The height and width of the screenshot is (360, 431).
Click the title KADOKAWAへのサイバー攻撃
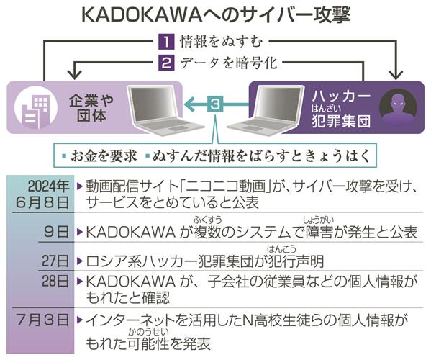coord(216,14)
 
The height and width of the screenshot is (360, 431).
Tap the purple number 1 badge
coord(166,41)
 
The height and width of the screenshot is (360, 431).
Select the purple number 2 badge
coord(166,63)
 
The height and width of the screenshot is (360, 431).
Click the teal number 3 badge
coord(215,104)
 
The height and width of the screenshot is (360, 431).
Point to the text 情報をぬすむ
coord(222,42)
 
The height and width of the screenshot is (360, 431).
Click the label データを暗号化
coord(228,63)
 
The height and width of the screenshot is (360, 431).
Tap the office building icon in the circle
coord(36,107)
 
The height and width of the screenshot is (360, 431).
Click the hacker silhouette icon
coord(398,107)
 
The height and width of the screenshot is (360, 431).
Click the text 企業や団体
coord(91,108)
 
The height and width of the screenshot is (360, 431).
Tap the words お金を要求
coord(104,156)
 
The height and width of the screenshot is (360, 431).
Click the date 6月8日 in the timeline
coord(42,202)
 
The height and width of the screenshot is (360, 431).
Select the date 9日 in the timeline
coord(56,231)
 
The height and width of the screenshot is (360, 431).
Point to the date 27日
coord(55,261)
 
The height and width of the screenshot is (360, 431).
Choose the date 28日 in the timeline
coord(55,281)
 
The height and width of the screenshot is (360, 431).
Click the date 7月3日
coord(42,320)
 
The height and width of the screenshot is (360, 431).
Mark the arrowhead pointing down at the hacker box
coord(396,75)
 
